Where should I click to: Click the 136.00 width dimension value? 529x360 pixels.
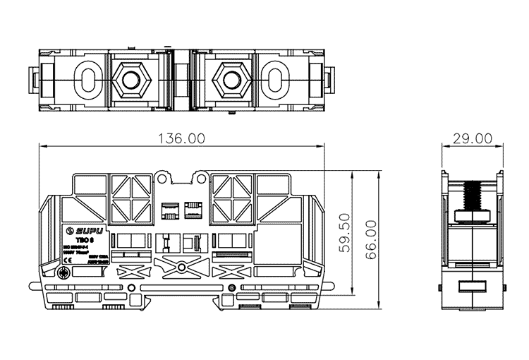(x=182, y=138)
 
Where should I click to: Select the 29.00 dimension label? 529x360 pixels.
(x=473, y=138)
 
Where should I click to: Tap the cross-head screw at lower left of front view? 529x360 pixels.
(x=64, y=273)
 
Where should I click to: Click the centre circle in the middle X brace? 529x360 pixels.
(x=182, y=268)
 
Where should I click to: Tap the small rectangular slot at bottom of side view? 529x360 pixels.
(x=472, y=288)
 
